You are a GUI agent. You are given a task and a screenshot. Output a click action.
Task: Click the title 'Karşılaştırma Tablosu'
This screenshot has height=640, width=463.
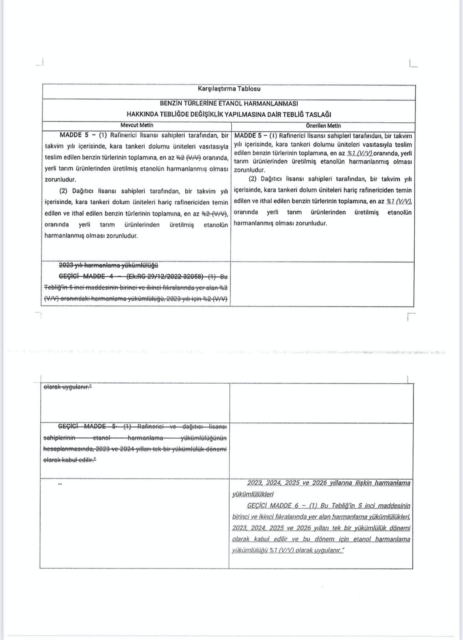tap(229, 89)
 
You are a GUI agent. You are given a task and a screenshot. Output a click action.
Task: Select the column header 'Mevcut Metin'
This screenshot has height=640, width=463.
tap(137, 125)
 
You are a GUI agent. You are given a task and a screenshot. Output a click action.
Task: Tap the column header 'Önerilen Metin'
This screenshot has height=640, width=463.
tap(323, 125)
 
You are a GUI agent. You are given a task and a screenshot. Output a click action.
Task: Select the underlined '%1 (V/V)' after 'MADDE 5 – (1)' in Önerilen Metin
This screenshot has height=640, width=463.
tap(360, 154)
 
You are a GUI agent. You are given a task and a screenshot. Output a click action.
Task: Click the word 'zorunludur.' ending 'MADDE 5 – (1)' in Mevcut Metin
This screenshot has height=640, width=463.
tap(60, 180)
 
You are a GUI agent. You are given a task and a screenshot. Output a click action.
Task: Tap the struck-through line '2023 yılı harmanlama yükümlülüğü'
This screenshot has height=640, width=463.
tap(109, 265)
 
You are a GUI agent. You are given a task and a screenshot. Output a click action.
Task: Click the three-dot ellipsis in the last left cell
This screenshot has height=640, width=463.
tap(60, 484)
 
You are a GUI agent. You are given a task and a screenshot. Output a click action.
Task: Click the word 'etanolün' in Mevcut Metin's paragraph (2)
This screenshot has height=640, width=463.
tap(215, 225)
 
